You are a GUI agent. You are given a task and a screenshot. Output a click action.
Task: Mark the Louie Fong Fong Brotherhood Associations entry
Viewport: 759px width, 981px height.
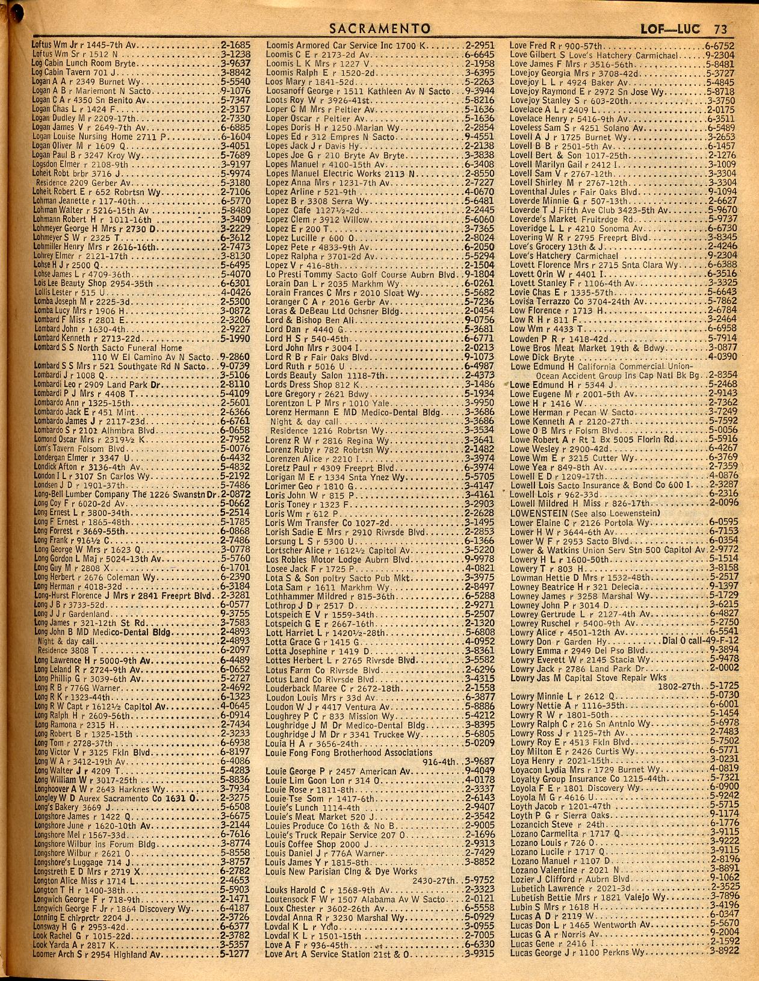[x=349, y=752]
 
